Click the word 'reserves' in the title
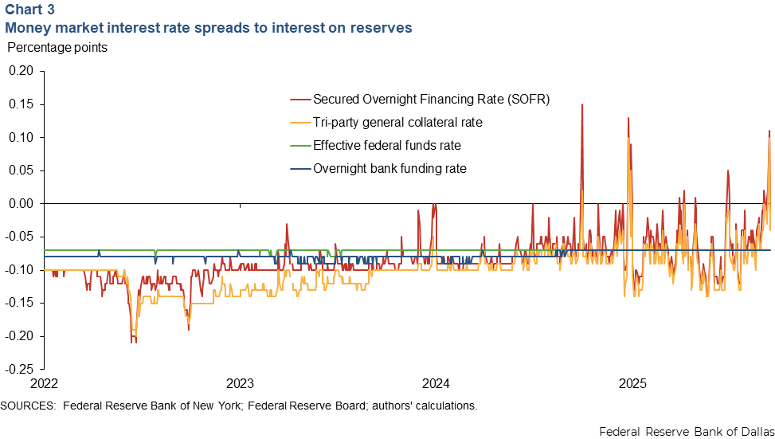pyautogui.click(x=384, y=28)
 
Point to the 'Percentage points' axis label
pyautogui.click(x=57, y=47)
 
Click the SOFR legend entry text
pyautogui.click(x=431, y=100)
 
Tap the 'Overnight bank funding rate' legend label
pyautogui.click(x=389, y=169)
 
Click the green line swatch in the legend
pyautogui.click(x=299, y=146)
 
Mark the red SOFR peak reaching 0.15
pyautogui.click(x=581, y=105)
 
